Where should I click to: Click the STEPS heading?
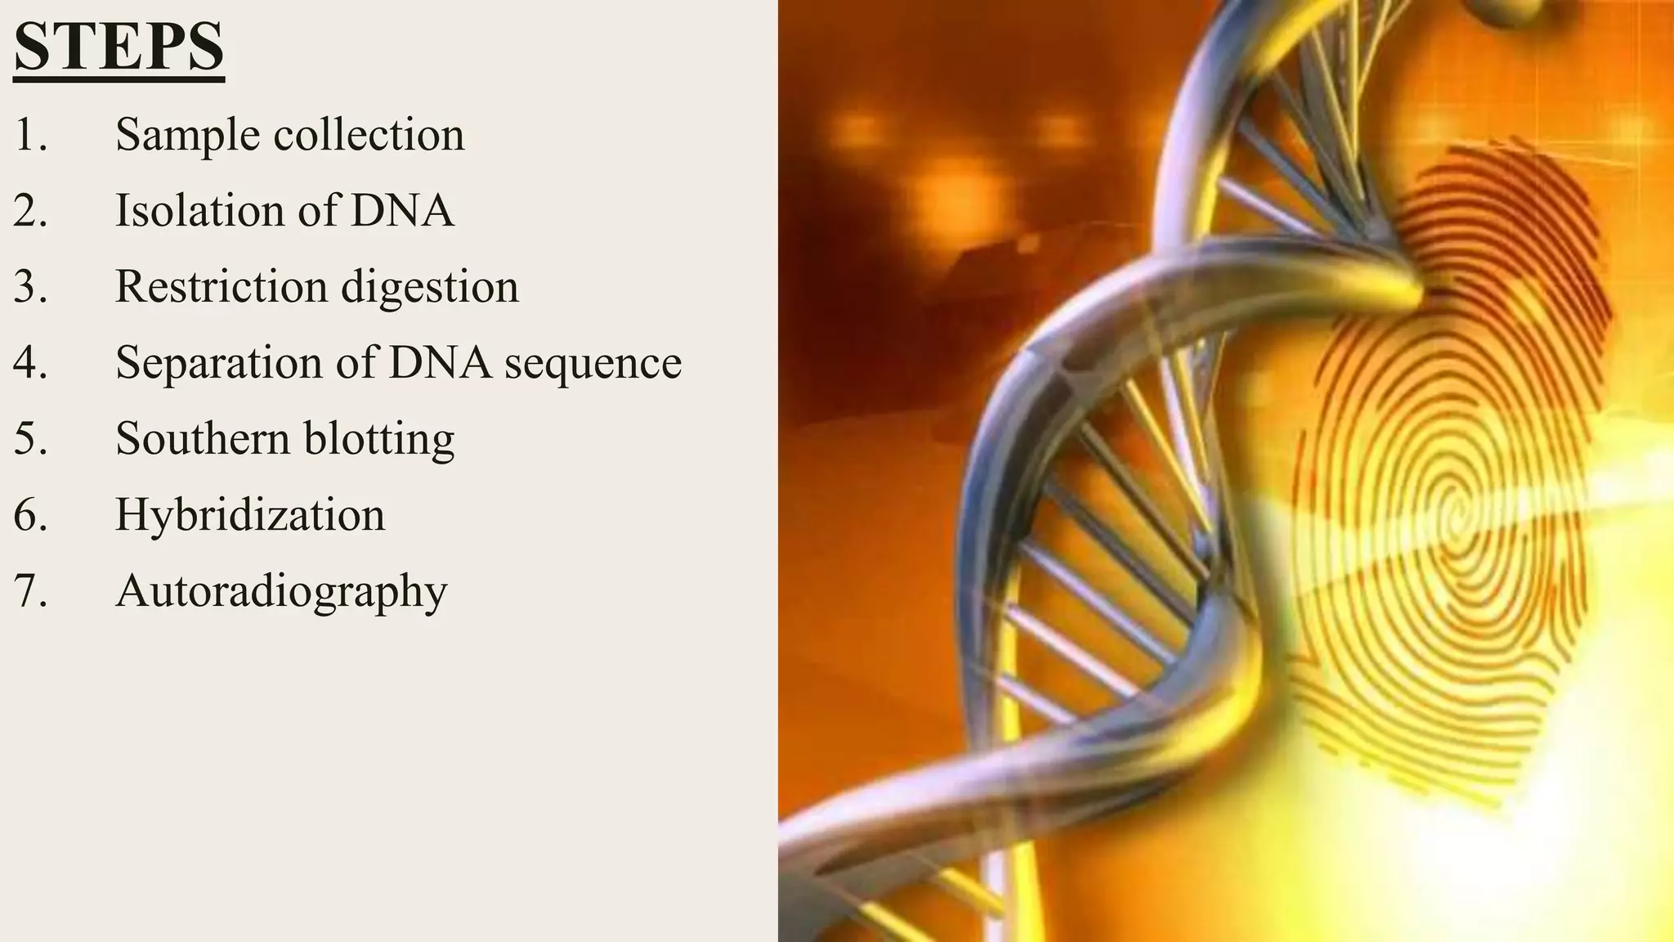point(119,47)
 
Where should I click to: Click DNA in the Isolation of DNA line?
point(402,210)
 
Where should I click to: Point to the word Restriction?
point(222,286)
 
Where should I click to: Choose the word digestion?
point(430,288)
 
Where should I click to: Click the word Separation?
point(219,363)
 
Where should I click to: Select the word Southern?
point(203,438)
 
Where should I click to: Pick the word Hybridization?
point(250,515)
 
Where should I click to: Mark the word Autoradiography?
point(281,592)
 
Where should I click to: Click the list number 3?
point(29,287)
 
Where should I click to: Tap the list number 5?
point(29,439)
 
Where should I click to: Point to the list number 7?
point(29,591)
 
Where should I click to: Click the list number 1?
point(29,135)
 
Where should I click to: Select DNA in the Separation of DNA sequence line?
point(440,363)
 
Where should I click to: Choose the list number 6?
point(29,515)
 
